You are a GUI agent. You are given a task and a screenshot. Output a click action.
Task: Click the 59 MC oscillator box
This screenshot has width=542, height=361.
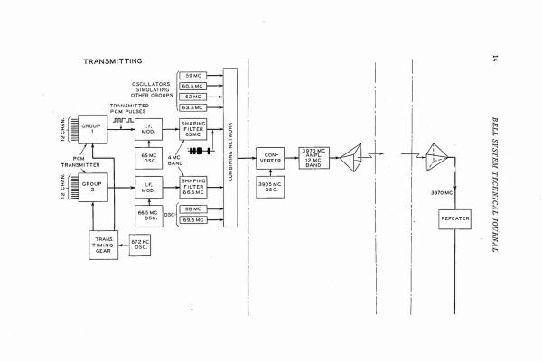point(195,75)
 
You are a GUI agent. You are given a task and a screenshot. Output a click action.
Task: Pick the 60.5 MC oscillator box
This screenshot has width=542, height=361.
point(195,85)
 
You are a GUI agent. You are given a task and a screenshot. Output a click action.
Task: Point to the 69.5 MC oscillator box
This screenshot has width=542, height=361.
point(195,219)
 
